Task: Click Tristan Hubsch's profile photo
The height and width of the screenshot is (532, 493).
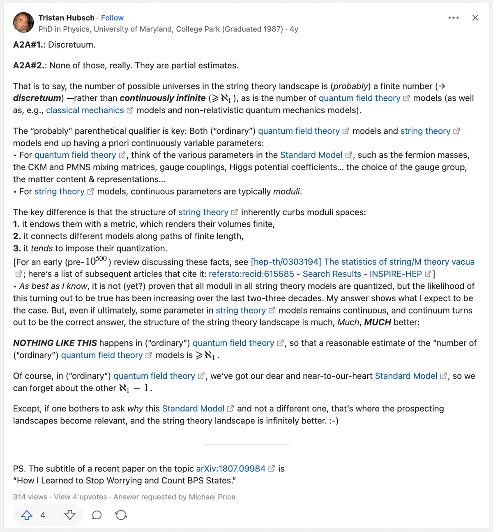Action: click(23, 23)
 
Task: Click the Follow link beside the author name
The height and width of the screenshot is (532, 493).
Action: click(112, 18)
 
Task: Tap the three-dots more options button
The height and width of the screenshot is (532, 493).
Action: click(454, 18)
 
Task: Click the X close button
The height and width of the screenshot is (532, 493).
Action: click(475, 18)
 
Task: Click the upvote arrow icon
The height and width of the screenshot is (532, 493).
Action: click(27, 515)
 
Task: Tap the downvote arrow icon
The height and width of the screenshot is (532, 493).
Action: click(70, 515)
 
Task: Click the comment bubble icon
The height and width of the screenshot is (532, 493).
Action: click(97, 515)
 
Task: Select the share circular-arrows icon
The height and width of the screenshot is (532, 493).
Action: click(121, 515)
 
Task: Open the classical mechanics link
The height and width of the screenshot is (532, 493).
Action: click(85, 110)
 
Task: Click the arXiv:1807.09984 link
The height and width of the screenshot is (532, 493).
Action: click(231, 469)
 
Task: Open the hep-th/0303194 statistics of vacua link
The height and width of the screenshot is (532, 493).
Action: click(362, 262)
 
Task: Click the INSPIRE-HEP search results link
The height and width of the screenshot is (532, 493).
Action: click(315, 274)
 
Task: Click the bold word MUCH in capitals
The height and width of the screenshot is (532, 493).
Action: click(377, 322)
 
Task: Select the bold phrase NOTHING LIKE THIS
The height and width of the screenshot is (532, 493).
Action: click(55, 343)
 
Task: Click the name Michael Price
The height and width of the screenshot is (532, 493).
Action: click(212, 497)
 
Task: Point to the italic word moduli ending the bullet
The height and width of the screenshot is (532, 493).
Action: click(287, 191)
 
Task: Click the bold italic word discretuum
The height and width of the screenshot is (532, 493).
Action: click(37, 98)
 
